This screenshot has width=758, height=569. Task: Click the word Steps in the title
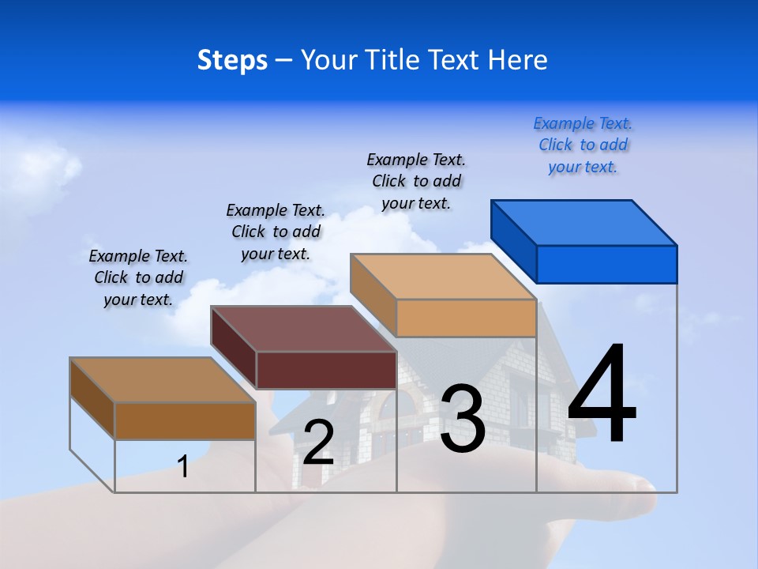click(x=232, y=60)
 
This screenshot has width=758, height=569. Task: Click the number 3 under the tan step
click(x=462, y=419)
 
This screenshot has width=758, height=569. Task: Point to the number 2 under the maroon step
click(x=318, y=443)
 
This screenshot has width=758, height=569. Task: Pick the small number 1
click(x=183, y=466)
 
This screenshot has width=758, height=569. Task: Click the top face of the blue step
click(x=584, y=223)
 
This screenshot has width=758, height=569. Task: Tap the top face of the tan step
click(x=443, y=277)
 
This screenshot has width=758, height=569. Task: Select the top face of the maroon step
click(x=303, y=329)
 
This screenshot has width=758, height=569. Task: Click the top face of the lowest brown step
click(x=163, y=380)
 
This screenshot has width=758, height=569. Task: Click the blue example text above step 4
click(x=583, y=145)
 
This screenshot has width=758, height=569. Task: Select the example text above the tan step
click(x=416, y=181)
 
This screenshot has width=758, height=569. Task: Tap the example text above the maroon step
click(x=276, y=232)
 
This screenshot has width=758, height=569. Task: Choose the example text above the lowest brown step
click(x=138, y=277)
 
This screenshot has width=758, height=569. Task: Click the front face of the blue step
click(x=606, y=264)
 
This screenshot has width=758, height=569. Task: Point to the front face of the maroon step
click(x=326, y=370)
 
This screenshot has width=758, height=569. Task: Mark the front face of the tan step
click(x=466, y=318)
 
